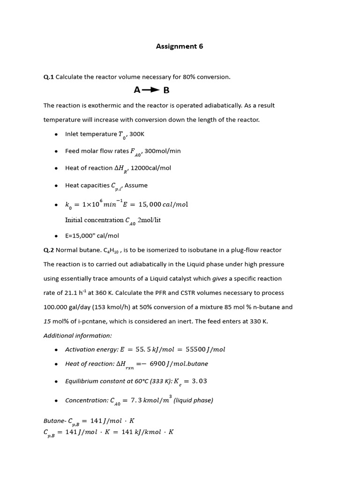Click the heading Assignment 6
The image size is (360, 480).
(180, 46)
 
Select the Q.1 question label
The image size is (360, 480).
(49, 77)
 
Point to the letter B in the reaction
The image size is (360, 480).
(166, 90)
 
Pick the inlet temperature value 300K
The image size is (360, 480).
(137, 134)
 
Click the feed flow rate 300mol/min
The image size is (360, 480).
(163, 151)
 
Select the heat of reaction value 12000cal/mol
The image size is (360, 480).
(151, 168)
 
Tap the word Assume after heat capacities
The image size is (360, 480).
(136, 185)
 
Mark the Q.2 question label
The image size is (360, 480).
(49, 250)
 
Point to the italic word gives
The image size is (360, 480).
(220, 278)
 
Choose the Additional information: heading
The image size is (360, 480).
(78, 336)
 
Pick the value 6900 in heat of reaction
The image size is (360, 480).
(158, 364)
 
